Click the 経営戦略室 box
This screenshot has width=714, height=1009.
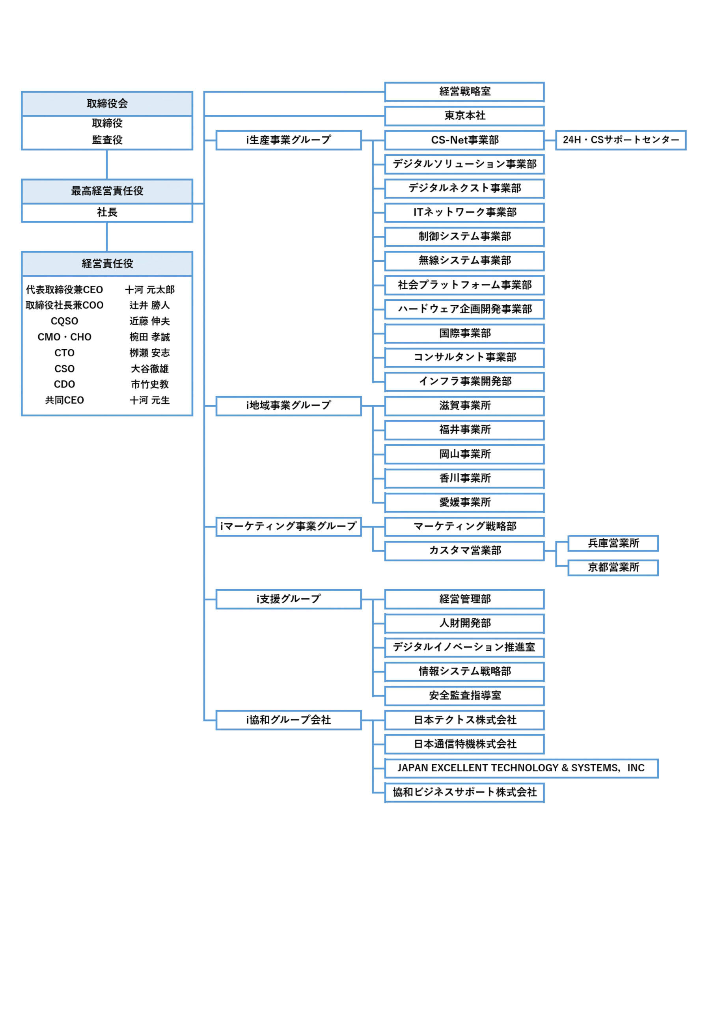tap(464, 92)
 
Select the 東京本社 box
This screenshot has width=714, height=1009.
tap(464, 116)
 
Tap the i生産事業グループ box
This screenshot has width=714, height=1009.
tap(289, 140)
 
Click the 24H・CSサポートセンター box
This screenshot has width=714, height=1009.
tap(621, 140)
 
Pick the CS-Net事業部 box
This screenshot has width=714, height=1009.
tap(464, 140)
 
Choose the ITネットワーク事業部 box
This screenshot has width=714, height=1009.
tap(464, 213)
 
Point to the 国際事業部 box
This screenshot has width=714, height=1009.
tap(464, 333)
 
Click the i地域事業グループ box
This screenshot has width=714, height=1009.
tap(289, 406)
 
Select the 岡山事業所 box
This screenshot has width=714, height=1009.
tap(464, 454)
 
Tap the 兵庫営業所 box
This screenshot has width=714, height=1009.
tap(613, 544)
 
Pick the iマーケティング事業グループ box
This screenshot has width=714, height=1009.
tap(289, 527)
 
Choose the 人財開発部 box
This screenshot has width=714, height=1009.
tap(464, 624)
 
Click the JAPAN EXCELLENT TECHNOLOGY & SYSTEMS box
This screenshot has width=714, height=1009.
tap(522, 769)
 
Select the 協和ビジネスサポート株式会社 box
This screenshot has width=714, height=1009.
tap(464, 793)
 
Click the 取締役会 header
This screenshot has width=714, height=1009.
tap(107, 104)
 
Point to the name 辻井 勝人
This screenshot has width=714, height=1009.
tap(149, 305)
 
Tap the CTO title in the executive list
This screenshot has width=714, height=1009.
tap(65, 353)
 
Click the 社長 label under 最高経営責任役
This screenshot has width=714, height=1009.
tap(107, 213)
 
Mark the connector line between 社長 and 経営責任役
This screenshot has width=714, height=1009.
tap(107, 237)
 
